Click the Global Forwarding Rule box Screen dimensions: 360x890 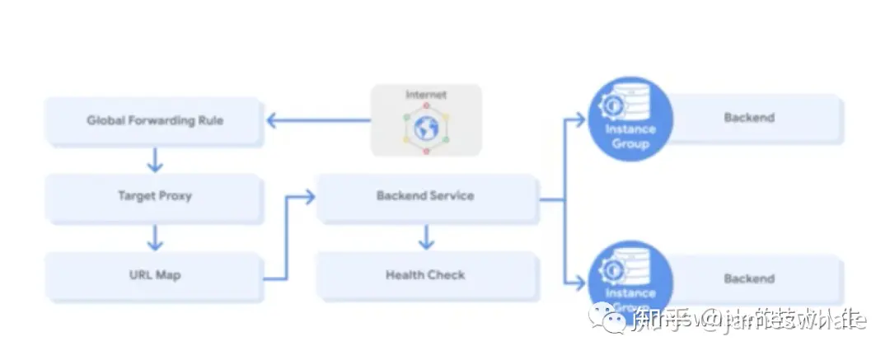[155, 120]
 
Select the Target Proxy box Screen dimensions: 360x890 [155, 197]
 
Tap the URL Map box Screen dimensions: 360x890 [155, 275]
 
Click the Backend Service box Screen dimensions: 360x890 [425, 196]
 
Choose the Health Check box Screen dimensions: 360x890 [425, 275]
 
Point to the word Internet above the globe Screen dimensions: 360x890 [425, 95]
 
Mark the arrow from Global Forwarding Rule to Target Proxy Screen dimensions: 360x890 [155, 158]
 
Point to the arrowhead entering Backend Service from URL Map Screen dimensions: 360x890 [310, 196]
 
